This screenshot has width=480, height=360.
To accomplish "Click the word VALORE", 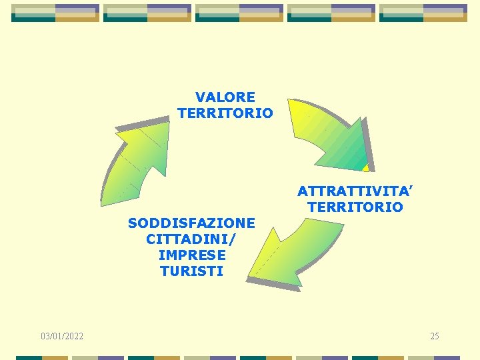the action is pyautogui.click(x=225, y=97).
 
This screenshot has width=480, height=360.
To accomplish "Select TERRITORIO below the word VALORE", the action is pyautogui.click(x=225, y=113).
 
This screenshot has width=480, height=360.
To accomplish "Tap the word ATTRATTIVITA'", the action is pyautogui.click(x=355, y=191).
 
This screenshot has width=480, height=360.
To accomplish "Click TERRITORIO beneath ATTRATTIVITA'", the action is pyautogui.click(x=355, y=207).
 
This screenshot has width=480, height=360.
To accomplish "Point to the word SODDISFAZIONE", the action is pyautogui.click(x=191, y=223).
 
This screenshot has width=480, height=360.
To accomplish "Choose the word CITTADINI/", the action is pyautogui.click(x=191, y=239).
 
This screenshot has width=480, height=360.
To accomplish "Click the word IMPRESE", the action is pyautogui.click(x=192, y=255).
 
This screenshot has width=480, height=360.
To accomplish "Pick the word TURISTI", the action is pyautogui.click(x=192, y=271).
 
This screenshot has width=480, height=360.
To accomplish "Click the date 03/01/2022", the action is pyautogui.click(x=62, y=336).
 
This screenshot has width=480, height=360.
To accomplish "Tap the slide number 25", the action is pyautogui.click(x=434, y=336).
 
